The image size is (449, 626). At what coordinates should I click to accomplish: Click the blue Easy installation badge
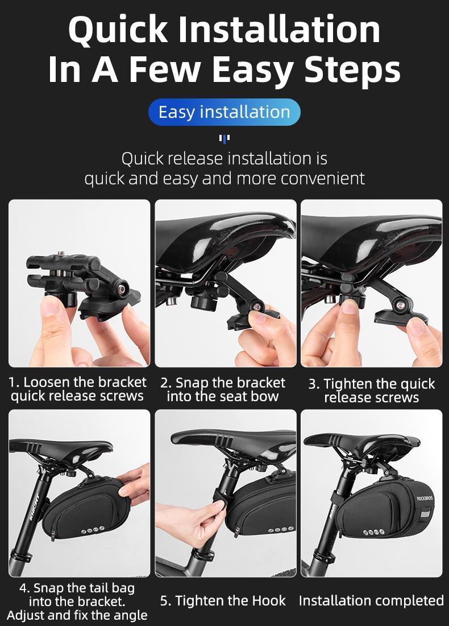tap(224, 112)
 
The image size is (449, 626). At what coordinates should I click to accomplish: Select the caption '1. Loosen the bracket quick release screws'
tap(78, 389)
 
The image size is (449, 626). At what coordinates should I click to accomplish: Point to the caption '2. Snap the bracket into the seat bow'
tap(223, 389)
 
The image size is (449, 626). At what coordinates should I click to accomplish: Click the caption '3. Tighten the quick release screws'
tap(371, 390)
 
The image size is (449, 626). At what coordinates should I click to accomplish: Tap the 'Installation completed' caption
tap(371, 601)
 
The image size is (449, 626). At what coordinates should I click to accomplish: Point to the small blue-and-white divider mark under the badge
tap(224, 138)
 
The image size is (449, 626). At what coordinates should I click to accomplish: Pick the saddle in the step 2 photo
tap(227, 230)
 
